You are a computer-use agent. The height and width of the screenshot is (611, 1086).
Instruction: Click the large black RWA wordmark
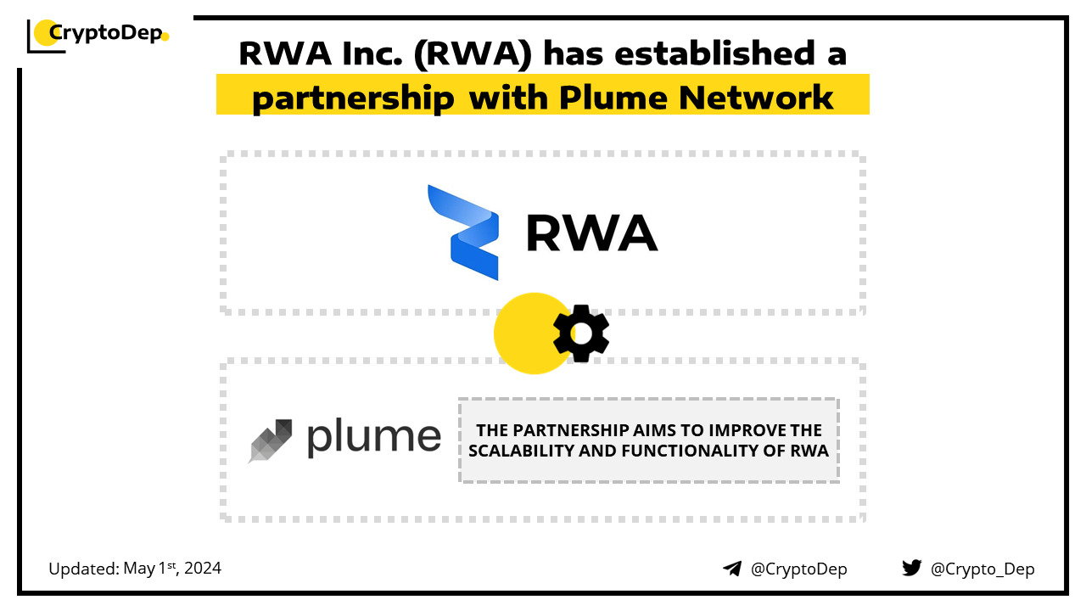(x=591, y=233)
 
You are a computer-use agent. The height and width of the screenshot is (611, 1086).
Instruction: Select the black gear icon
(x=581, y=334)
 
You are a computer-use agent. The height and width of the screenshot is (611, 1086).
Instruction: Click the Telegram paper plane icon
(x=732, y=569)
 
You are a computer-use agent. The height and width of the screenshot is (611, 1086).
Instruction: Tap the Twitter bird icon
(x=911, y=568)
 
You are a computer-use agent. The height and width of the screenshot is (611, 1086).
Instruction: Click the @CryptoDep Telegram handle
(x=798, y=569)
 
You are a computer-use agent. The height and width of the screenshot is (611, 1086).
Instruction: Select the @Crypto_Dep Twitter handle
(x=982, y=569)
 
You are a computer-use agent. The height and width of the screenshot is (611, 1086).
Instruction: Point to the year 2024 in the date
(x=202, y=569)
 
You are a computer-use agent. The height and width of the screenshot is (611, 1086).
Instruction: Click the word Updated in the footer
(x=82, y=569)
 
